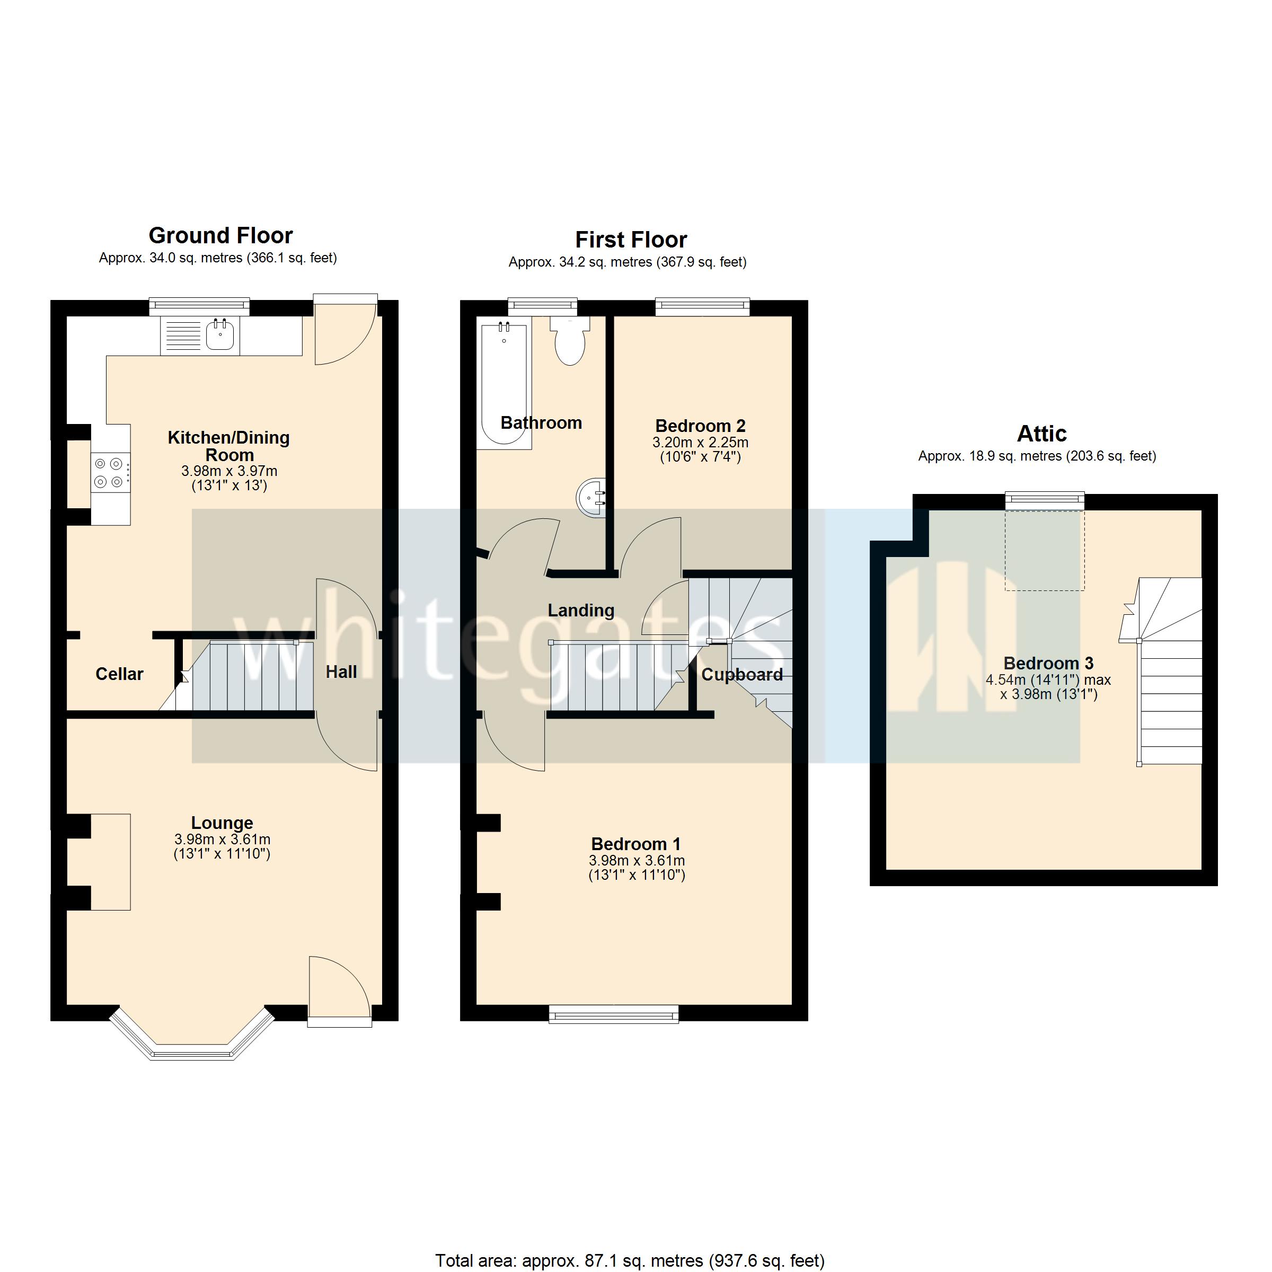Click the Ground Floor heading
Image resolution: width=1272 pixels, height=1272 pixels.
point(220,236)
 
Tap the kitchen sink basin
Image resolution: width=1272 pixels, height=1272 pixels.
point(219,336)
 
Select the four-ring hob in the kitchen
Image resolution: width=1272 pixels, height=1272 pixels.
point(109,473)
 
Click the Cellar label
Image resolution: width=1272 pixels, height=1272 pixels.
point(119,674)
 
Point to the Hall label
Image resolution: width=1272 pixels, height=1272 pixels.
point(341,672)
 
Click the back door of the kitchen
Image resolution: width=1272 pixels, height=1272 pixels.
point(344,329)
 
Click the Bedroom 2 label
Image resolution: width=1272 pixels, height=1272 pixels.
point(700,426)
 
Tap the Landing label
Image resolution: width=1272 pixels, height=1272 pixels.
point(581,611)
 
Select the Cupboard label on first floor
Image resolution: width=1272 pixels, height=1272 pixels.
point(741,675)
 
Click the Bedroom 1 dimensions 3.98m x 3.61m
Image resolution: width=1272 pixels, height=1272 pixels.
point(637,861)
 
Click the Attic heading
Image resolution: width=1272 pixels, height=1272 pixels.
point(1041,434)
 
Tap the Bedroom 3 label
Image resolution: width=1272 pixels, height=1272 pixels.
point(1048,663)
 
